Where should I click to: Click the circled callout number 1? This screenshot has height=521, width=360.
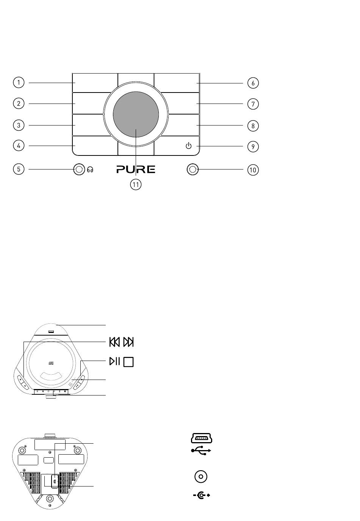click(19, 82)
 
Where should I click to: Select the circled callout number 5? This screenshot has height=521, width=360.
click(19, 169)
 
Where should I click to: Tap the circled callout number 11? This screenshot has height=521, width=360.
click(136, 185)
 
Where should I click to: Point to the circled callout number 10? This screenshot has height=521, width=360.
click(253, 170)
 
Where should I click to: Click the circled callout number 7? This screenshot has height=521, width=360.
click(253, 104)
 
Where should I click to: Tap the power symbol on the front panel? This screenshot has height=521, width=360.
click(188, 146)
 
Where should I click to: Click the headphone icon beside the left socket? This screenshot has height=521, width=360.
click(90, 169)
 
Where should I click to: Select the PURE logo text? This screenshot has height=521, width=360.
click(136, 169)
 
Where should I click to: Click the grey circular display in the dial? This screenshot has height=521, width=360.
click(136, 114)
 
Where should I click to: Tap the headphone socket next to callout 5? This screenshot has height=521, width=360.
click(79, 169)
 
